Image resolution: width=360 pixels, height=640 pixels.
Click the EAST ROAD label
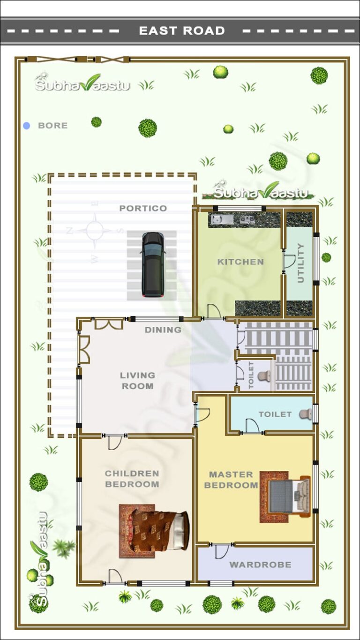point(182,31)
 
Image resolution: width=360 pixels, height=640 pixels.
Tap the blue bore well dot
point(27,126)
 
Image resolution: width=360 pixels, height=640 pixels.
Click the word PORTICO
point(143,208)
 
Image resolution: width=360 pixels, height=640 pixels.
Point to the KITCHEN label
point(240,262)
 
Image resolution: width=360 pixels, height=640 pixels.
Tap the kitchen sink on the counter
point(218,219)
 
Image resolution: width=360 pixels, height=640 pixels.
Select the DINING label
point(163,330)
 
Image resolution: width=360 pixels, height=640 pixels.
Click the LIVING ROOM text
point(137,381)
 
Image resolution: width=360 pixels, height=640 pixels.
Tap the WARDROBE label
point(260,565)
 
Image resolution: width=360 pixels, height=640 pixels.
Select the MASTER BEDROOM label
point(231,480)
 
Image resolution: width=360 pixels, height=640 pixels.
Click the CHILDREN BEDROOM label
point(132,479)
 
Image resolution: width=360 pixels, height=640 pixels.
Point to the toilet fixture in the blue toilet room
point(306,414)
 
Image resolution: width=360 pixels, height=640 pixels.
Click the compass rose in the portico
point(95,231)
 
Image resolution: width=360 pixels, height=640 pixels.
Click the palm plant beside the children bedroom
point(63,547)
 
